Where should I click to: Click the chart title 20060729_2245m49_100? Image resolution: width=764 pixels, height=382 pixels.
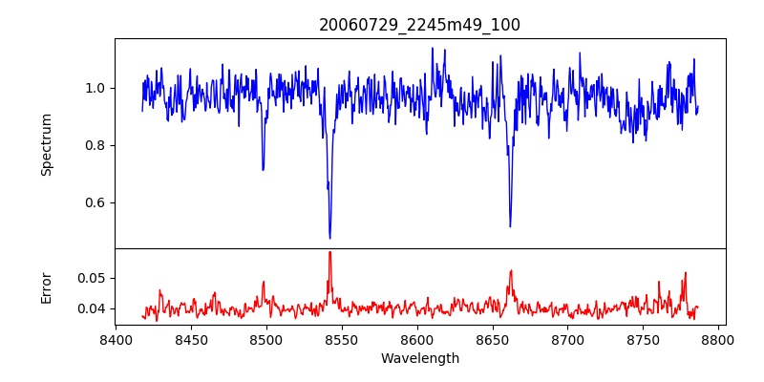(419, 25)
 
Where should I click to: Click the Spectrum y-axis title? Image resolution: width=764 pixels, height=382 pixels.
(46, 144)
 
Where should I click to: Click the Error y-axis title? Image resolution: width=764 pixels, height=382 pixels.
(46, 287)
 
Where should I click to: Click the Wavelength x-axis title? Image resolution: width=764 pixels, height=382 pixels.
(419, 359)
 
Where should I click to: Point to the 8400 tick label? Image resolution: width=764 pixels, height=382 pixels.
(116, 340)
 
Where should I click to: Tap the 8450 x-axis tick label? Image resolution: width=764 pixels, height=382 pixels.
(191, 340)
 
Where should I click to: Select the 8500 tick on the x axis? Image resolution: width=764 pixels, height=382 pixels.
(266, 340)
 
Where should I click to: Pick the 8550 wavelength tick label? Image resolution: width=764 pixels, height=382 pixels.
(342, 340)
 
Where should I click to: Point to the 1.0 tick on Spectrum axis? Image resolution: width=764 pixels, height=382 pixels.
(95, 88)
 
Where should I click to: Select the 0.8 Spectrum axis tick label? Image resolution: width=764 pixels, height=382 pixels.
(95, 145)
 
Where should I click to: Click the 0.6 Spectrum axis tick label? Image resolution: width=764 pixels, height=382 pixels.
(95, 202)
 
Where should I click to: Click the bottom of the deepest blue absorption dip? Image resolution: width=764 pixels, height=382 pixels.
(329, 238)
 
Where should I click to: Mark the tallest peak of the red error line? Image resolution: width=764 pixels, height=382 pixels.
(329, 252)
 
